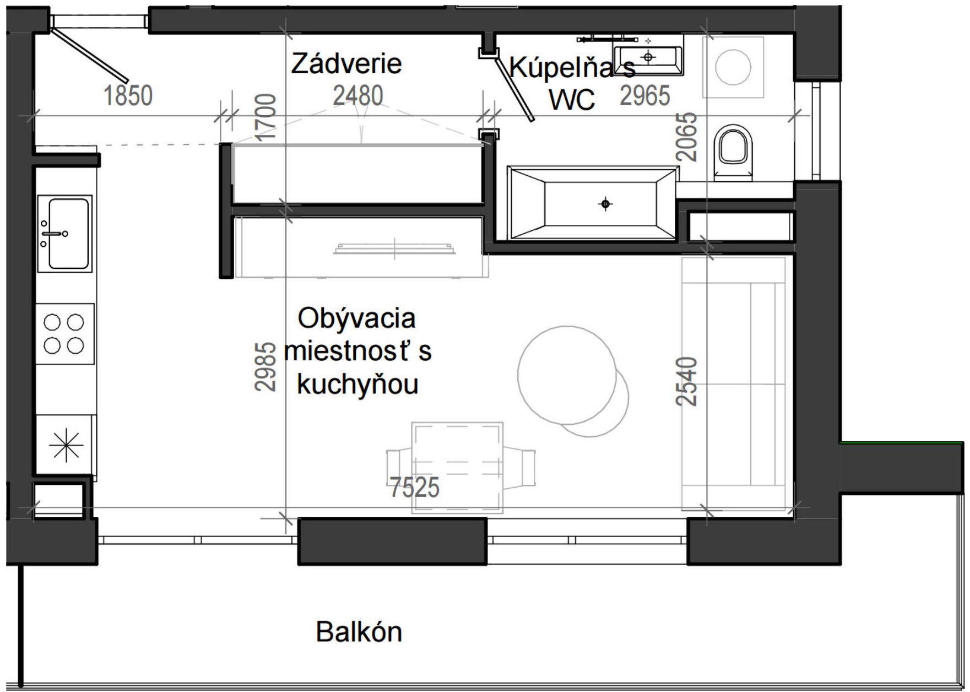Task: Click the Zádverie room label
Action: click(346, 63)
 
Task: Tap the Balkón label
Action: click(359, 632)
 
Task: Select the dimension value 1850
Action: click(128, 95)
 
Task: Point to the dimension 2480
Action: click(357, 96)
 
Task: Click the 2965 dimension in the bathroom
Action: click(645, 96)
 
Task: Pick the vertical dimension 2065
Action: click(687, 137)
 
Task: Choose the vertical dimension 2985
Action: click(265, 367)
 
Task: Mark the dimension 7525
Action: click(415, 487)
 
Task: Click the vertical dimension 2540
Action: click(687, 381)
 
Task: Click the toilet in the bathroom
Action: click(733, 152)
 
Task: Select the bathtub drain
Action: click(605, 204)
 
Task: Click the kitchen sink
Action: click(65, 233)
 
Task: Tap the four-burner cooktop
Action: click(64, 333)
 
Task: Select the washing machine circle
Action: click(733, 67)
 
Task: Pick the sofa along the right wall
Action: click(734, 384)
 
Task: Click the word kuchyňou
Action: click(357, 385)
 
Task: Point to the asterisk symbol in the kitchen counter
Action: click(66, 444)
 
